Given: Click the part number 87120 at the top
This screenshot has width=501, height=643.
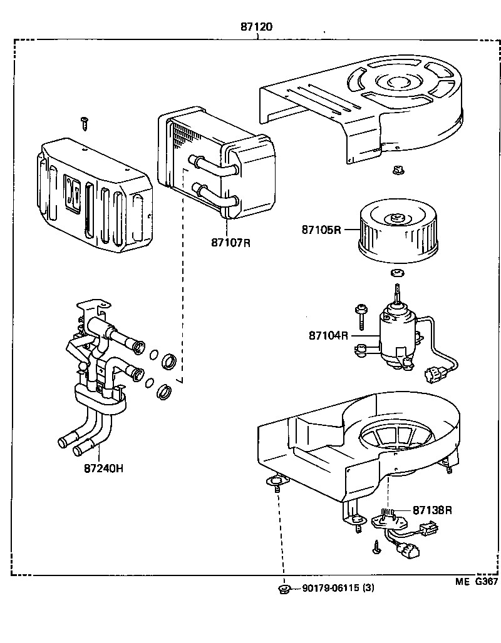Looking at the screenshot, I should (x=257, y=27).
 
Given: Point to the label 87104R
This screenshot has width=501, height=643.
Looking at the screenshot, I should (x=328, y=336).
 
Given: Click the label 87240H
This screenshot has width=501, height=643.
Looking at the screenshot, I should (x=103, y=467).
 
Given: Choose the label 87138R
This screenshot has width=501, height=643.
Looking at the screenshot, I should (x=432, y=510).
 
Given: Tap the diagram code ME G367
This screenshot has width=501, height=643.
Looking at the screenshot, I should (x=476, y=581).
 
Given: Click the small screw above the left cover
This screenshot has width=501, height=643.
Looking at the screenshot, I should (x=84, y=123).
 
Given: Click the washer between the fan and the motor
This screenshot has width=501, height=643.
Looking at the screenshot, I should (x=395, y=273).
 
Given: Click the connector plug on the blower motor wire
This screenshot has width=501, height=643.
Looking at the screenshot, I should (x=433, y=375).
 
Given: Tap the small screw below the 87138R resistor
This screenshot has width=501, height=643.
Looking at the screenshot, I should (x=375, y=547).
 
